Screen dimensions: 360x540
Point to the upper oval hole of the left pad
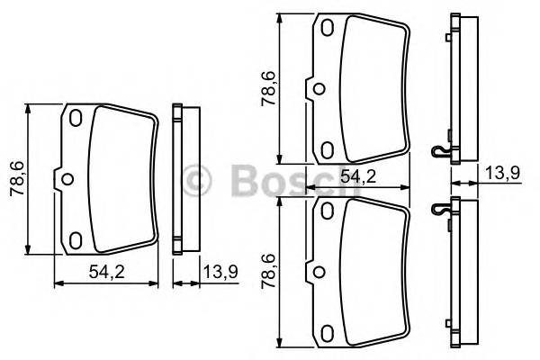pyautogui.click(x=76, y=118)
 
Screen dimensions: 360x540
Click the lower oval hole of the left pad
pyautogui.click(x=76, y=238)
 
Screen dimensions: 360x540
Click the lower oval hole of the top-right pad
pyautogui.click(x=328, y=148)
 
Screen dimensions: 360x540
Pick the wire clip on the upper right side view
pyautogui.click(x=439, y=152)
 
